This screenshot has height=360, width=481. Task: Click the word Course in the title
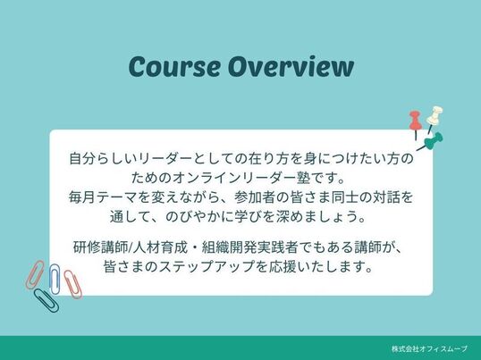coord(175,66)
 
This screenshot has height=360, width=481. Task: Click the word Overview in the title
coord(291,66)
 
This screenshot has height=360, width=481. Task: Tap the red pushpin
coord(416,122)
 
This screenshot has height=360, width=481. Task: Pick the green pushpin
coord(433,141)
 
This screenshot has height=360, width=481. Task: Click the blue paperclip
coord(55,279)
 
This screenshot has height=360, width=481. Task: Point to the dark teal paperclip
coord(46,300)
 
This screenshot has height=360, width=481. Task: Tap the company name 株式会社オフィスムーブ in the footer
coord(429,348)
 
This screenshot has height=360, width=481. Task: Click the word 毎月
coord(82,197)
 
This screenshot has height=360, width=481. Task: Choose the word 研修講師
coord(100,247)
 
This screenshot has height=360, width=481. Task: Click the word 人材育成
coord(160,247)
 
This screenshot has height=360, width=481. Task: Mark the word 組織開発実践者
coord(249,247)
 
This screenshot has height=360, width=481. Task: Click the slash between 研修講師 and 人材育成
coord(130,247)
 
